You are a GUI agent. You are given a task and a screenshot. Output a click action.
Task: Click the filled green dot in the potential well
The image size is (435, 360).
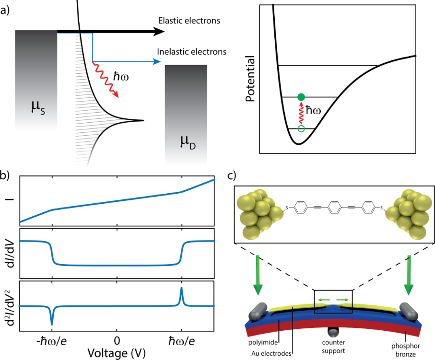(301, 97)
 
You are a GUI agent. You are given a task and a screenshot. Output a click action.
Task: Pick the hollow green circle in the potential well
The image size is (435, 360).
(301, 128)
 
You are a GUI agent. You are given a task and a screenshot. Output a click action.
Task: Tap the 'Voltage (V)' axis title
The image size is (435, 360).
(116, 353)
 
